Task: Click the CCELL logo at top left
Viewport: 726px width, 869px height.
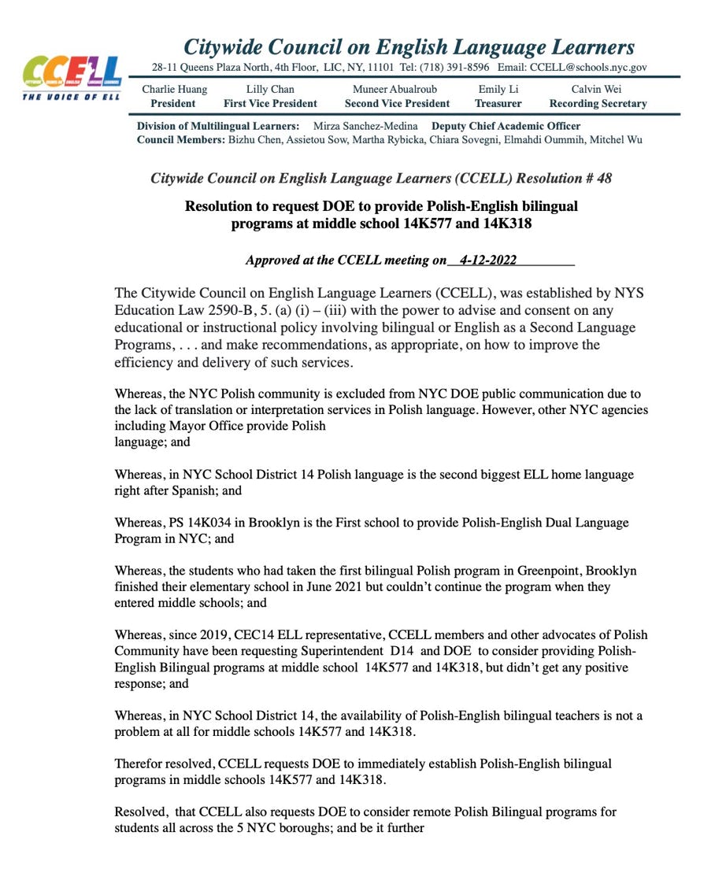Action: [72, 75]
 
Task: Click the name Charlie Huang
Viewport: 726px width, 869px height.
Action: [174, 89]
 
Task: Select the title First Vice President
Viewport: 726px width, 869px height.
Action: [270, 103]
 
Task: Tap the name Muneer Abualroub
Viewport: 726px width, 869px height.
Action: [394, 89]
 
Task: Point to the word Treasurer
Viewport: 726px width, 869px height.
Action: [498, 103]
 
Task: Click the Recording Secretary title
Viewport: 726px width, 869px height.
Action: [598, 103]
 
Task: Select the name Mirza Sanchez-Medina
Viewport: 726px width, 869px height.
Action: [365, 126]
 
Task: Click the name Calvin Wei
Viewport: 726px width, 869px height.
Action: [596, 89]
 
